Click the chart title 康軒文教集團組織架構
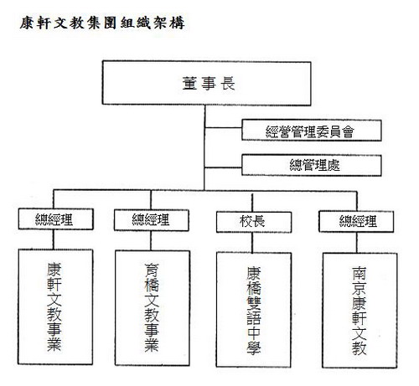click(x=102, y=23)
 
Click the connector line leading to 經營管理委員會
click(x=223, y=127)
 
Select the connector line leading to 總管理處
click(x=223, y=167)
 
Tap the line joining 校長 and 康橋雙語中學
click(x=252, y=243)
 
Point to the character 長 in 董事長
click(x=228, y=83)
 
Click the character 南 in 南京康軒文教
click(x=359, y=274)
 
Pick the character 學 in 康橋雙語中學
click(x=254, y=347)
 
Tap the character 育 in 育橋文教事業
click(x=152, y=270)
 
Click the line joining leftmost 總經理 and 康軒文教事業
click(x=54, y=239)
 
